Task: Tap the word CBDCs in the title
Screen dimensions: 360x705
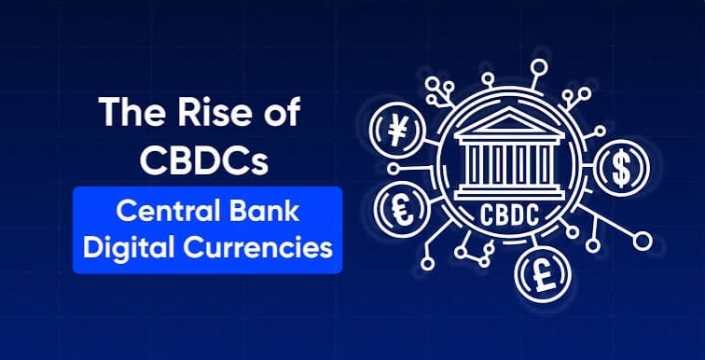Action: tap(207, 158)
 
